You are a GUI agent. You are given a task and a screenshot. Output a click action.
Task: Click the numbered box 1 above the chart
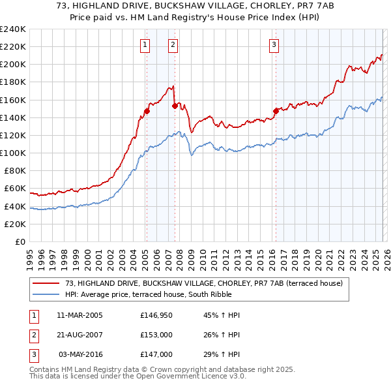(144, 44)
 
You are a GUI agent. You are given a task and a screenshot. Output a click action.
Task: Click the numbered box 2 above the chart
(173, 44)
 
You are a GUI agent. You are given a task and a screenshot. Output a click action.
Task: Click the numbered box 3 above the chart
(274, 44)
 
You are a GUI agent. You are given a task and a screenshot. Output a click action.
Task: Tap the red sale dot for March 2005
(147, 111)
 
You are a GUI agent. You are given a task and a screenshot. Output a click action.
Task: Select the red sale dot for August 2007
(175, 106)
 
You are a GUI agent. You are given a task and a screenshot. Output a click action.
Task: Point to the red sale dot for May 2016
(276, 111)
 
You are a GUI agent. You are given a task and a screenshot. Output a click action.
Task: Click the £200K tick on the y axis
(12, 65)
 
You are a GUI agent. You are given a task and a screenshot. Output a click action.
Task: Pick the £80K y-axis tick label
(14, 171)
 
